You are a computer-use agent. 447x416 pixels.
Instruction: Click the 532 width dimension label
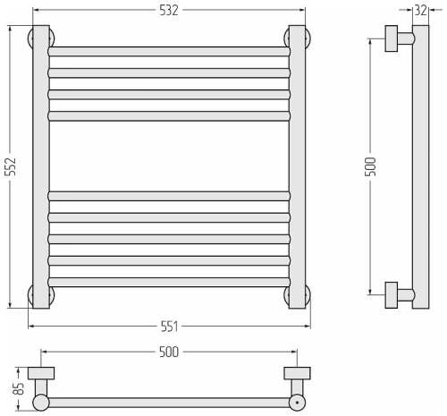click(169, 11)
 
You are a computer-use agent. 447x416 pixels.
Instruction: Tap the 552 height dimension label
click(11, 166)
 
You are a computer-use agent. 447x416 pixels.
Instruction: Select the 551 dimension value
click(169, 327)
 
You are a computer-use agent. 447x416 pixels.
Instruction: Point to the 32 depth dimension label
click(420, 11)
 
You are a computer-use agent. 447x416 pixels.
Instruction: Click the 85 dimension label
click(19, 388)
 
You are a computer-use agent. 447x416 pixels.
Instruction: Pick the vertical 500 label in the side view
click(371, 166)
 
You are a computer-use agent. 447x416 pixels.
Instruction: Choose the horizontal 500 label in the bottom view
click(169, 352)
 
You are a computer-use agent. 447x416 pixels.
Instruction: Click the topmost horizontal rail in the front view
click(169, 52)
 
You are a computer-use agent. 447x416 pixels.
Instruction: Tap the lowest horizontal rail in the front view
click(169, 282)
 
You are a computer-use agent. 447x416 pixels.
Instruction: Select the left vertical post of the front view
click(41, 166)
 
